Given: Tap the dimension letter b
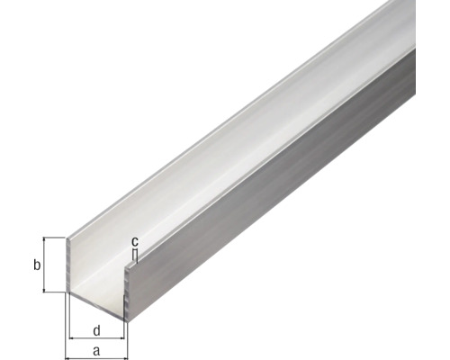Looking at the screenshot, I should pyautogui.click(x=36, y=265).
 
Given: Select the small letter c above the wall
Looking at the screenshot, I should pyautogui.click(x=134, y=241).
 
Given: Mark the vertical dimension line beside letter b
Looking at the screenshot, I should pyautogui.click(x=44, y=265).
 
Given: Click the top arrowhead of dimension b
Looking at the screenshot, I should pyautogui.click(x=44, y=241).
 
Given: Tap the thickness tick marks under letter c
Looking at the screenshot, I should pyautogui.click(x=134, y=256).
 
